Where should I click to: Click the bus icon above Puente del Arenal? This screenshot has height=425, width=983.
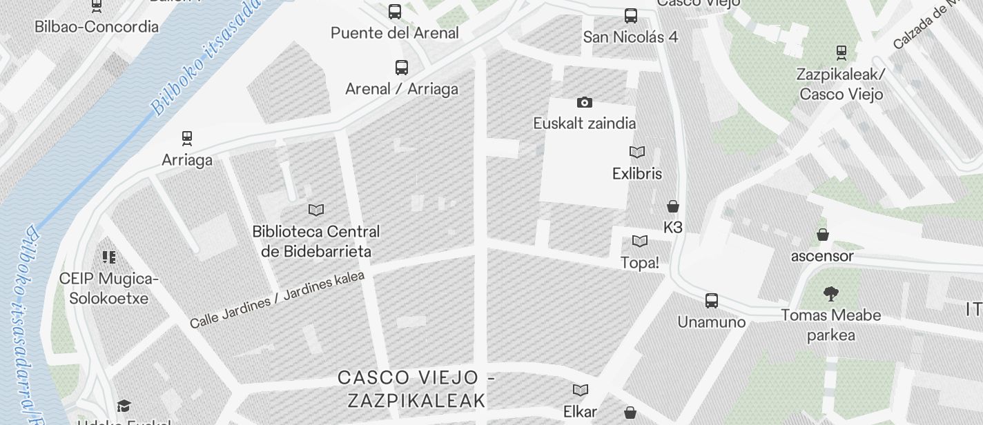pyautogui.click(x=395, y=12)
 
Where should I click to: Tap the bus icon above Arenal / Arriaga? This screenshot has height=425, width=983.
pyautogui.click(x=402, y=68)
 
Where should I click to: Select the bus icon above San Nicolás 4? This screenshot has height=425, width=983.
pyautogui.click(x=630, y=16)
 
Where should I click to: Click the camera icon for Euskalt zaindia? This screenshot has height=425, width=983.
pyautogui.click(x=585, y=103)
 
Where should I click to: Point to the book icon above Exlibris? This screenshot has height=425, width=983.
pyautogui.click(x=637, y=152)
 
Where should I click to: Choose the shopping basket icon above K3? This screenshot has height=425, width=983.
pyautogui.click(x=673, y=206)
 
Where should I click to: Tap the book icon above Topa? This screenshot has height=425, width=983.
pyautogui.click(x=640, y=241)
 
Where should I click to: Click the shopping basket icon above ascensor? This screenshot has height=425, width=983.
pyautogui.click(x=823, y=235)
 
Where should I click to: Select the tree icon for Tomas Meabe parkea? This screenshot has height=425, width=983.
pyautogui.click(x=831, y=295)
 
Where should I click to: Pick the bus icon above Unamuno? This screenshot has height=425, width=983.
pyautogui.click(x=712, y=301)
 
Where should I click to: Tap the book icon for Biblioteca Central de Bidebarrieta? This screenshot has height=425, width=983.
pyautogui.click(x=316, y=210)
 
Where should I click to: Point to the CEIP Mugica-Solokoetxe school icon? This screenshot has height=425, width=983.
pyautogui.click(x=108, y=257)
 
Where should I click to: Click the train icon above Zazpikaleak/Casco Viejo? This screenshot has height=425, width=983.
pyautogui.click(x=841, y=52)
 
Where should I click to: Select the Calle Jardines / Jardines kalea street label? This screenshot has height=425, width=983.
pyautogui.click(x=277, y=299)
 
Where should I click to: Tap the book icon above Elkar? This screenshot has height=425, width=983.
pyautogui.click(x=581, y=391)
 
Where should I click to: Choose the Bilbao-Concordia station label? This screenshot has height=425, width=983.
pyautogui.click(x=97, y=27)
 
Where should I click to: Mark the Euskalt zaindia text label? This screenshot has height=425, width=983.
pyautogui.click(x=585, y=123)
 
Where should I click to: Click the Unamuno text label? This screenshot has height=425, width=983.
pyautogui.click(x=712, y=322)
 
